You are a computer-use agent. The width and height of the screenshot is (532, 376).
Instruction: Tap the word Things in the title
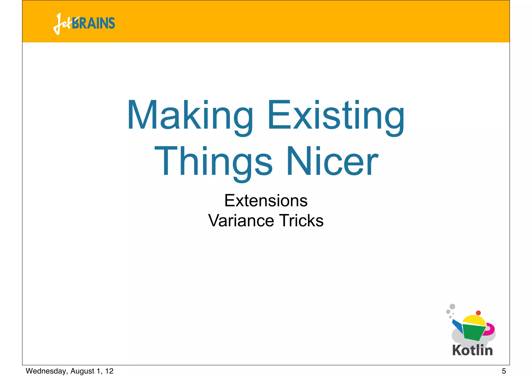[213, 161]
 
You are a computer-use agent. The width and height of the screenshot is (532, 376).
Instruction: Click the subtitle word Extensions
[266, 201]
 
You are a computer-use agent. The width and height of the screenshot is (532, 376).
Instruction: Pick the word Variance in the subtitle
[241, 221]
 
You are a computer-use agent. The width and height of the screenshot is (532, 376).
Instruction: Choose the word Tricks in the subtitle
[301, 221]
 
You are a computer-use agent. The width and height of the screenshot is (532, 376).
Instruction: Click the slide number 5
[504, 371]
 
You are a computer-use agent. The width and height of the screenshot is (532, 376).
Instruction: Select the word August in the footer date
[82, 371]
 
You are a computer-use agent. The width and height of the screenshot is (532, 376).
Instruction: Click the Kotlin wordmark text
[472, 350]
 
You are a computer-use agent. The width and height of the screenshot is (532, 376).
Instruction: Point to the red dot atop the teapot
[478, 313]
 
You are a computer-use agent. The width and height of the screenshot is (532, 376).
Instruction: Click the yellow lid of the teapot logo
[474, 320]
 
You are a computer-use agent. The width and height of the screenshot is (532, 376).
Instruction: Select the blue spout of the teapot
[457, 326]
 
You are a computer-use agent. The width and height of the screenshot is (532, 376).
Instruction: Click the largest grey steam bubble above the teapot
[452, 306]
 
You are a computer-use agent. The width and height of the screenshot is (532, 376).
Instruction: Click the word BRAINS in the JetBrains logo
[94, 23]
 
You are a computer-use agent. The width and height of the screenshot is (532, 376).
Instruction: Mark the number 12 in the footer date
[109, 371]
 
